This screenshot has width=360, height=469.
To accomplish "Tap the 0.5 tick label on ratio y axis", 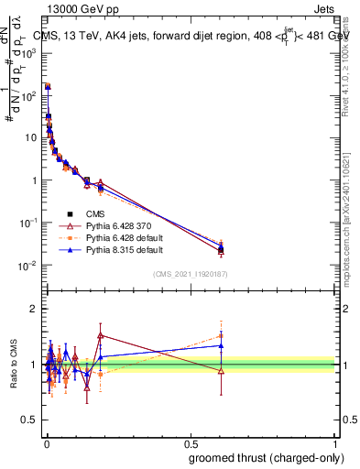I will point(28,420).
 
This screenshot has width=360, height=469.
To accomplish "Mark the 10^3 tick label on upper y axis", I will point(28,53).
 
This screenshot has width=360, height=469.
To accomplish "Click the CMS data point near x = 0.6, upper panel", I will point(221,249).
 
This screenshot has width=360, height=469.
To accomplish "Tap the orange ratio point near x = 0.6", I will point(221,335).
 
